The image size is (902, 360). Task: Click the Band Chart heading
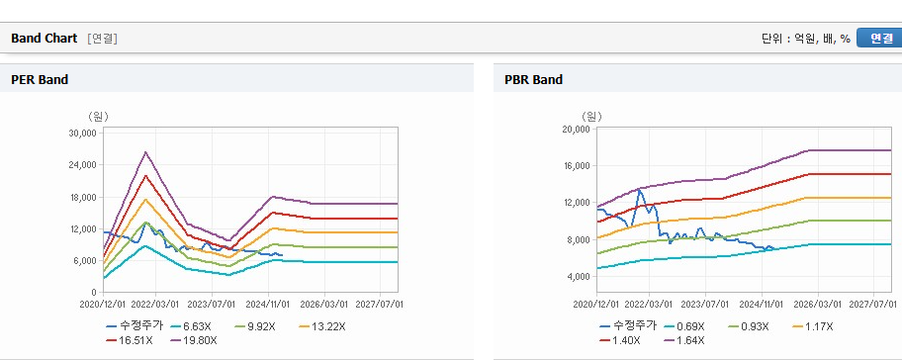44,39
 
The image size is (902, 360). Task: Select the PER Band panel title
40,80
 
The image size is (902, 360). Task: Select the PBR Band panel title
533,80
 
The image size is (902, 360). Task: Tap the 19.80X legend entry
194,340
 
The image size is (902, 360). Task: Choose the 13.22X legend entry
322,326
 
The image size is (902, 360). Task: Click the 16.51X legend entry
130,340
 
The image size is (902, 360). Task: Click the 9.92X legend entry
255,326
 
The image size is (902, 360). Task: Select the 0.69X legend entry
684,326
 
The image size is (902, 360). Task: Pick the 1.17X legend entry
813,326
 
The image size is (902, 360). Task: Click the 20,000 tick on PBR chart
576,129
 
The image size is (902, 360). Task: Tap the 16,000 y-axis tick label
576,165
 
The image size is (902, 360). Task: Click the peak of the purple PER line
146,152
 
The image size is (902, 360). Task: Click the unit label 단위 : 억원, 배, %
805,39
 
